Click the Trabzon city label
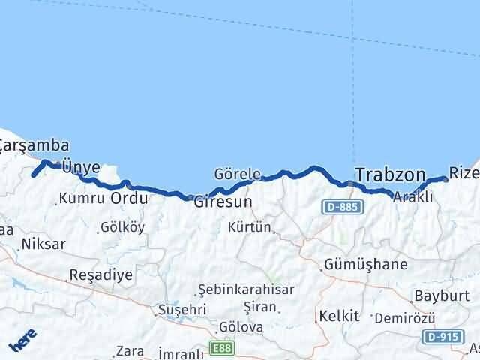pos(390,175)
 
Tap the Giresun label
pos(223,202)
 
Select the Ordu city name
pos(129,199)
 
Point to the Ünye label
pos(80,167)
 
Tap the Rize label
pos(464,173)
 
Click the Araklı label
pos(414,197)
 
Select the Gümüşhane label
pos(366,264)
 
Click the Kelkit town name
pos(334,315)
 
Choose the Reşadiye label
pos(100,274)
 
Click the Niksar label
pos(44,244)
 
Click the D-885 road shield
pos(341,206)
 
